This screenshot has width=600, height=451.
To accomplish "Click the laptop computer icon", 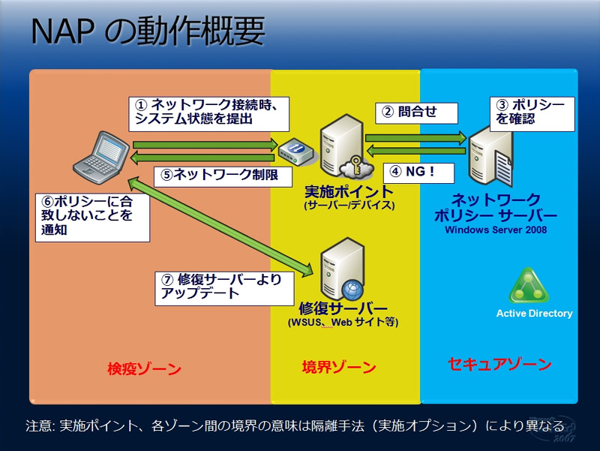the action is coord(101,158).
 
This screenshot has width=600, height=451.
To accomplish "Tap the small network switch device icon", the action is coord(295,152).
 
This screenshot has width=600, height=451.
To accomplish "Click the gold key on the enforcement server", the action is coord(356,164).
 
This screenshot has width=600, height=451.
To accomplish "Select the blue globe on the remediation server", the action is coord(352,290).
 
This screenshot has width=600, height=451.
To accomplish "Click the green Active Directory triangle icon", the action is coord(529,286).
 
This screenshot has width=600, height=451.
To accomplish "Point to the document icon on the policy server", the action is coord(504,167).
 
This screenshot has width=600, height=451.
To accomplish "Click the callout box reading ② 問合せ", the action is coord(416,113).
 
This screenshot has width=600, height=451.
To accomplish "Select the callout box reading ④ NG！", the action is coord(418,173).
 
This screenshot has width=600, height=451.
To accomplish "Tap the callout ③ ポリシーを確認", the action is coord(532,114).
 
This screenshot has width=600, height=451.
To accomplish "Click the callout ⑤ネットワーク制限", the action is coord(223,176).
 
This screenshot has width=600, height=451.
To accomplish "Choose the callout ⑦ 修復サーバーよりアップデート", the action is coord(224,288).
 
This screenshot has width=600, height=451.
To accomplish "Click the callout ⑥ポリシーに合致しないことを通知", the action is coord(92,218).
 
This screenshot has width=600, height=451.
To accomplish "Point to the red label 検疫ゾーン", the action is coord(144,369).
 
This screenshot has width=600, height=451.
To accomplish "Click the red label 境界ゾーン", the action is coord(339,368).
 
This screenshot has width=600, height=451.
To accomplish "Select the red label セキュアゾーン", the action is coord(499,364).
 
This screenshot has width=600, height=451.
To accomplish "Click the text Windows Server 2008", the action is coord(496,230).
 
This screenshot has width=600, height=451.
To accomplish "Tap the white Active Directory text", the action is coord(535,313).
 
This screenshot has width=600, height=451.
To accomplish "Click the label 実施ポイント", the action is coord(349,191).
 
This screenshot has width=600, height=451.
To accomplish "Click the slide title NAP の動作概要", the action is coord(148,31).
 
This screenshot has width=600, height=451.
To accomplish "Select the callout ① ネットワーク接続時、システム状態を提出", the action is coord(208,114).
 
